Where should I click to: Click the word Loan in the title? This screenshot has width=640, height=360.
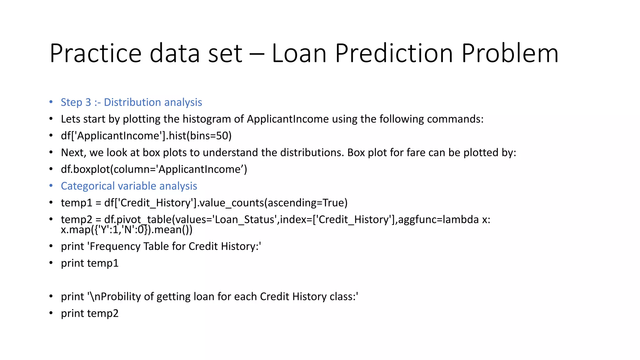tap(299, 53)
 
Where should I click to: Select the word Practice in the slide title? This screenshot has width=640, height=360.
tap(96, 53)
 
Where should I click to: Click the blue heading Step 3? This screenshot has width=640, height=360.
tap(76, 102)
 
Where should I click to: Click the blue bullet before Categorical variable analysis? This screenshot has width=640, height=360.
tap(51, 186)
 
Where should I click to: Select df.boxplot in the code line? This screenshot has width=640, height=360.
tap(85, 169)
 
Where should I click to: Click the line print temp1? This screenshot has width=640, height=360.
tap(90, 263)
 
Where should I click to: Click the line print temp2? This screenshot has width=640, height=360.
tap(90, 313)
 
